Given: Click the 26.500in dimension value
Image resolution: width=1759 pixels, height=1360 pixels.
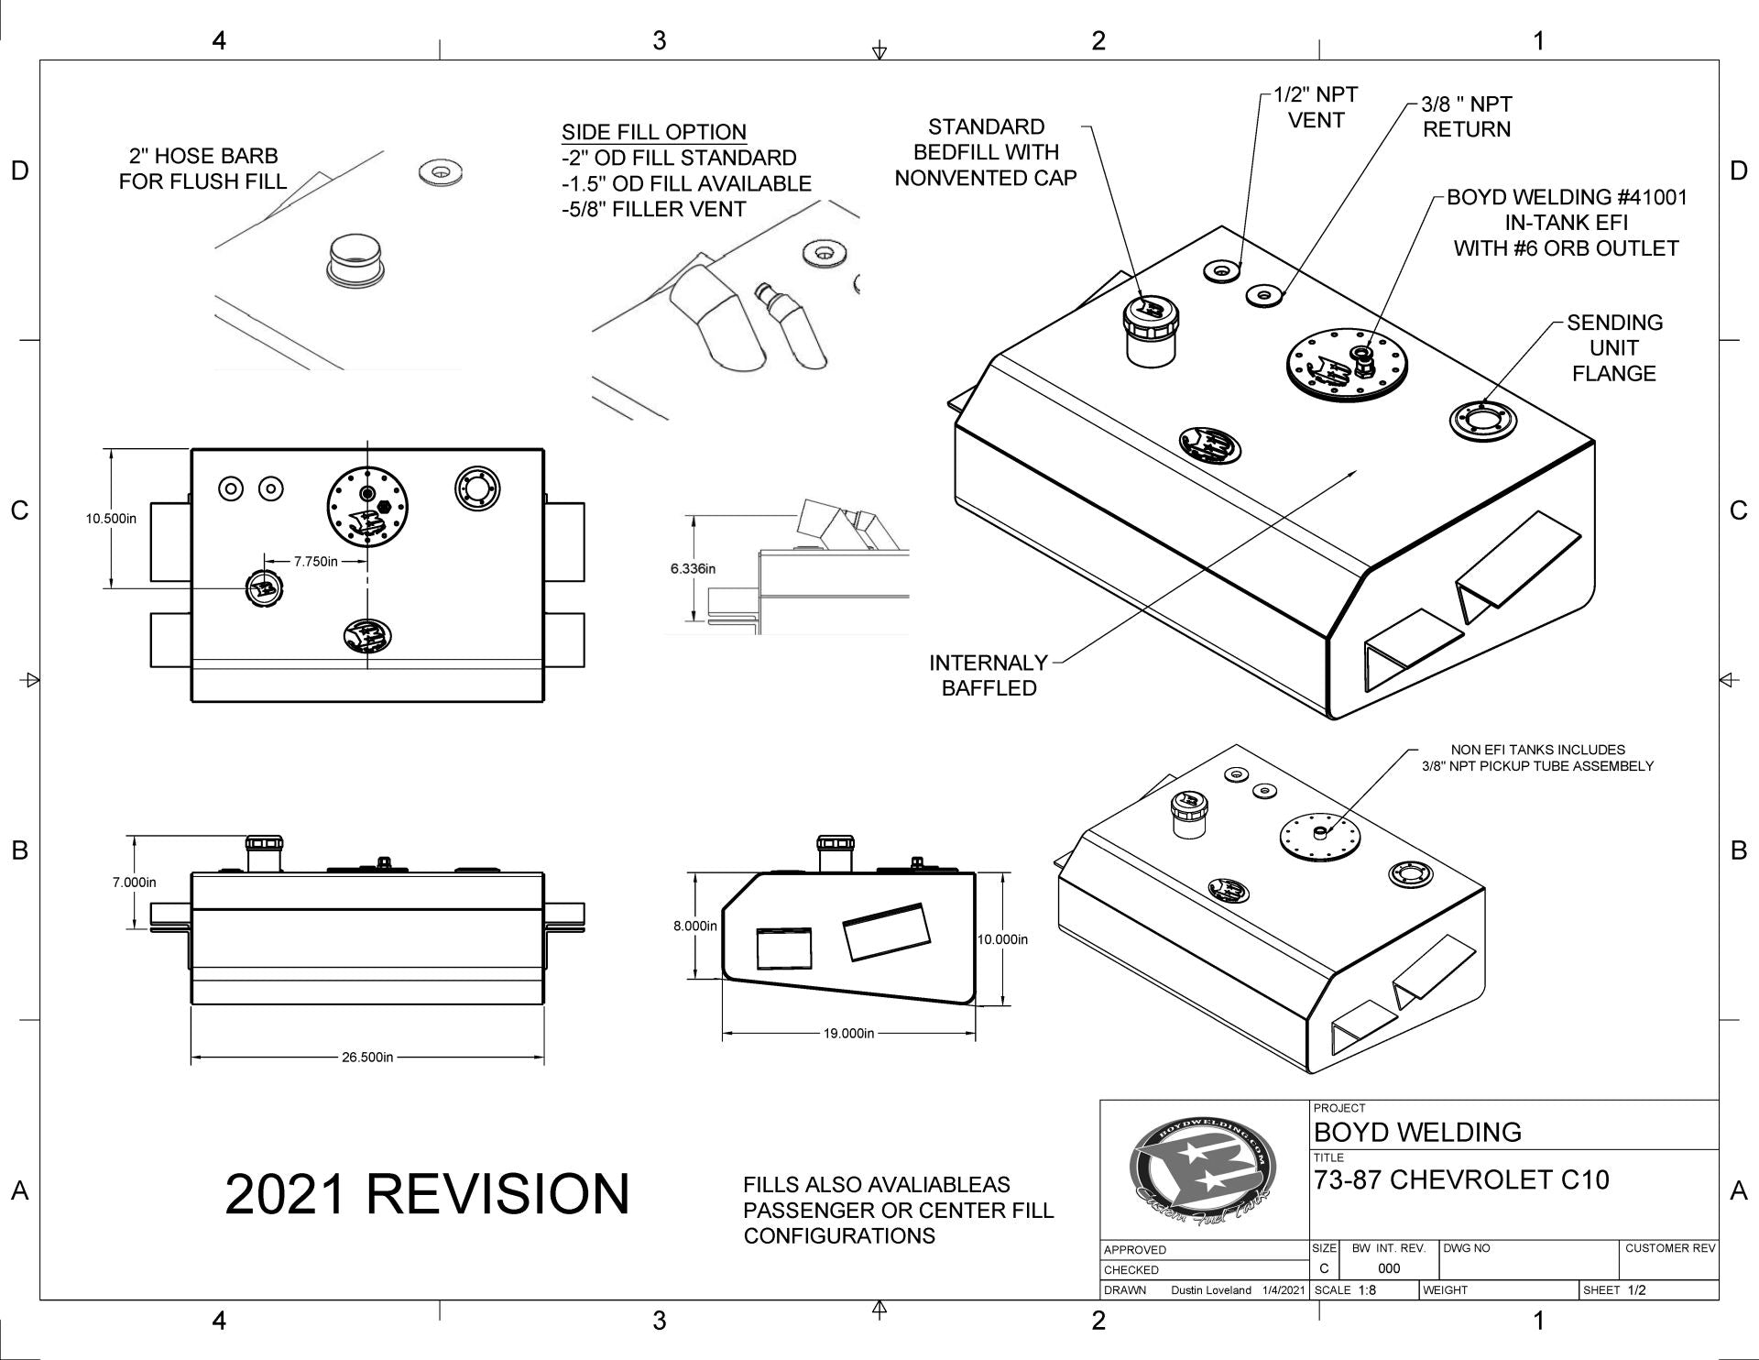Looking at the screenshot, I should tap(367, 1057).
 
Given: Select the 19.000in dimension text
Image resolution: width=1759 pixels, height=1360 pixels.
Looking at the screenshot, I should tap(848, 1033).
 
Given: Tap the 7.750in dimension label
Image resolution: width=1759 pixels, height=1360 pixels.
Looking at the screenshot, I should tap(315, 561).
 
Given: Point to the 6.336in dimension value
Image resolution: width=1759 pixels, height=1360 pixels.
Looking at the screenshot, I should tap(693, 568).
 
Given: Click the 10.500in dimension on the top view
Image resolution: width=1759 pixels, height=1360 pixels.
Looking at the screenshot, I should tap(111, 518).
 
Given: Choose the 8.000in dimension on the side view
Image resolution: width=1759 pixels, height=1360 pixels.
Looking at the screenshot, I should tap(695, 926).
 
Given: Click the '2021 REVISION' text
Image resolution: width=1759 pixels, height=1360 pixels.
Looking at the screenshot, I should tap(427, 1194).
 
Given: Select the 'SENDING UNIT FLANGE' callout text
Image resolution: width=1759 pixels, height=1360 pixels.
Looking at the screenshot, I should tap(1613, 348).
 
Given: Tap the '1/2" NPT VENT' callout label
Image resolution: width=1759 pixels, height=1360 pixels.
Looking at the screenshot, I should tap(1316, 107).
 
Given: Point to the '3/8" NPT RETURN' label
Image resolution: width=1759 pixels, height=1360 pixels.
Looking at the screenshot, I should tap(1467, 117).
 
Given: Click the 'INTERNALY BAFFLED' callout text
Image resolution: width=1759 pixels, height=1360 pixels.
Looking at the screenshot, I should tap(989, 675).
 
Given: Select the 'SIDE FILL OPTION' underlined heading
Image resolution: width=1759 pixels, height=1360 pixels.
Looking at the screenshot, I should tap(654, 132).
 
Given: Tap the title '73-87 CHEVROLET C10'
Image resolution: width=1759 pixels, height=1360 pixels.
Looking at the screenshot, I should tap(1461, 1179).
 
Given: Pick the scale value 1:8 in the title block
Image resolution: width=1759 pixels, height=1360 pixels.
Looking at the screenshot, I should tap(1368, 1289).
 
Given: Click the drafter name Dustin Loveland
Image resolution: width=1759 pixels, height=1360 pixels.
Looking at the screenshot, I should tap(1210, 1289).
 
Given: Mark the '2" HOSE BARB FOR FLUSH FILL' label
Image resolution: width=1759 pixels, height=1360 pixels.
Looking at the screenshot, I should tap(202, 169).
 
